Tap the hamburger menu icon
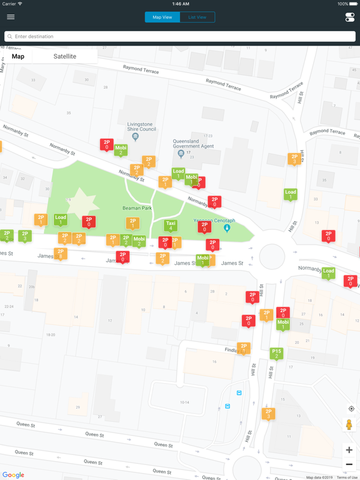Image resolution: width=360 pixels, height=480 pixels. pos(11,17)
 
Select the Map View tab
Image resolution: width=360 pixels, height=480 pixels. pos(162,17)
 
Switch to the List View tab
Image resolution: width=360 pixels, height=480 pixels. pos(197,17)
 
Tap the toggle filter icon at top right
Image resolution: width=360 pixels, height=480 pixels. pos(349,17)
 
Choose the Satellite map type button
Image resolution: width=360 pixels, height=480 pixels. pos(65,56)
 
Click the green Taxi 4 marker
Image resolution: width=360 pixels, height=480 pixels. pos(171,225)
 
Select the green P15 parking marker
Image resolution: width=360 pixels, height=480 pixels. pos(276,353)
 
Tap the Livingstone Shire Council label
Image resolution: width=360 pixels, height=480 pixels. pos(141,127)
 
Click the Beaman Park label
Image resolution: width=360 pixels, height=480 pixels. pos(137,208)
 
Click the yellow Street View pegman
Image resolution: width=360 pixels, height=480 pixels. pos(349,425)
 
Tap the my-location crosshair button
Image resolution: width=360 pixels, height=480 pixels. pos(351,409)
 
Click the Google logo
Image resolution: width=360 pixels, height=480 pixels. pos(13,475)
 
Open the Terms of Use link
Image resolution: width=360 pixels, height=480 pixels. pos(347,477)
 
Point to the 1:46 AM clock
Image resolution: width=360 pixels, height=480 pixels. pos(180,4)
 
